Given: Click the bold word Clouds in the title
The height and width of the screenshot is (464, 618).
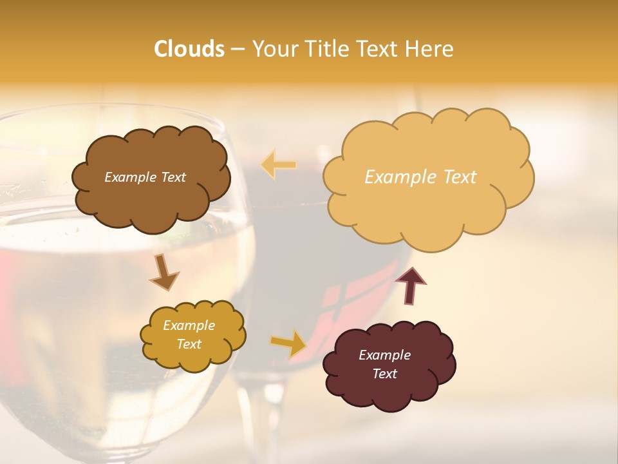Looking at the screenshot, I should pos(189,49).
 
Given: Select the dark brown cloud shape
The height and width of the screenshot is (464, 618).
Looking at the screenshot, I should pos(151,193).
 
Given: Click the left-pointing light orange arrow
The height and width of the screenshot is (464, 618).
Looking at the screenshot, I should pos(279,165).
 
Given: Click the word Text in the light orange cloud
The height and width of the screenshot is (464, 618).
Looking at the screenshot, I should pos(455,177).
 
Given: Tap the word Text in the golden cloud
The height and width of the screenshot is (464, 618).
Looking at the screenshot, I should pos(189,344).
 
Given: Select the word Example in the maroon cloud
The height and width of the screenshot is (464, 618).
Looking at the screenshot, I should pos(384,355).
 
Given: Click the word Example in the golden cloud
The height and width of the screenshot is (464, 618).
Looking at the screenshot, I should pos(189,325).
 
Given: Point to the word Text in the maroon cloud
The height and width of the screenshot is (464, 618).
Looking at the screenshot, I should pos(384,374).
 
